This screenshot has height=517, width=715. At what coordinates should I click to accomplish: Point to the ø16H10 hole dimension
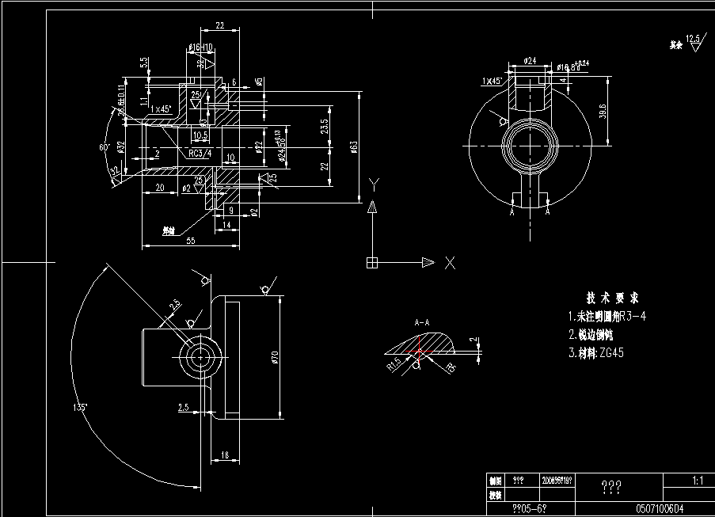pyautogui.click(x=200, y=48)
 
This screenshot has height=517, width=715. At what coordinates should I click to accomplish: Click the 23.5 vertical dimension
pyautogui.click(x=323, y=127)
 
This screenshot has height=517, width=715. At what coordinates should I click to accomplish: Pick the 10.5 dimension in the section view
pyautogui.click(x=200, y=135)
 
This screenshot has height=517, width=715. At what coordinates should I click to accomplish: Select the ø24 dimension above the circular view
pyautogui.click(x=530, y=60)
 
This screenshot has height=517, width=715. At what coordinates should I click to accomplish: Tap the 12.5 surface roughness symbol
pyautogui.click(x=694, y=39)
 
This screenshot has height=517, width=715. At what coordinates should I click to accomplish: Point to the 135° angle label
pyautogui.click(x=78, y=407)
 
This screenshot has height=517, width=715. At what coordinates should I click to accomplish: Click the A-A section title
pyautogui.click(x=422, y=323)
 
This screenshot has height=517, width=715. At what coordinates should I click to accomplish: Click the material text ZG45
pyautogui.click(x=611, y=353)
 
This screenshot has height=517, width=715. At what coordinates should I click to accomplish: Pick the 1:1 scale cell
pyautogui.click(x=697, y=480)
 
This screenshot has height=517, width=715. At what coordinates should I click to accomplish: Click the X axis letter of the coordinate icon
pyautogui.click(x=449, y=264)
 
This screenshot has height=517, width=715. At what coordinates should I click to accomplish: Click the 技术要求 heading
pyautogui.click(x=612, y=298)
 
